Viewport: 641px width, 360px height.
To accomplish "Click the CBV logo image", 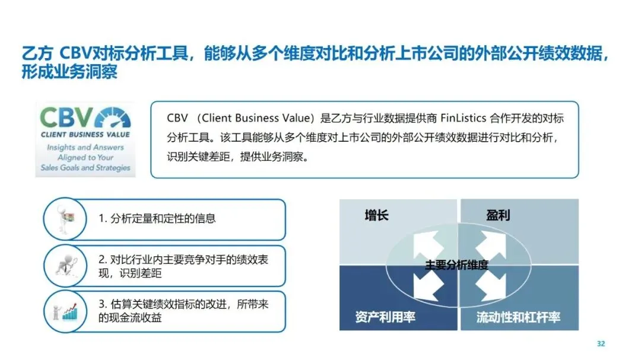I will tap(85, 139).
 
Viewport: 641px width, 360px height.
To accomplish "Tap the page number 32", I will tap(601, 344).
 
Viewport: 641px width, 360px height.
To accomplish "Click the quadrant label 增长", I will tap(376, 215).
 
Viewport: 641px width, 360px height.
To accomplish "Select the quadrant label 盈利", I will tap(497, 215).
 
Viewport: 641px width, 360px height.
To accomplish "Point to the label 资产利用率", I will tap(385, 317).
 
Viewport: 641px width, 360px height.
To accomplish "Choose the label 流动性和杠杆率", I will tap(518, 317).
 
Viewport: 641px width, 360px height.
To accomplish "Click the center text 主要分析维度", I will tap(456, 265).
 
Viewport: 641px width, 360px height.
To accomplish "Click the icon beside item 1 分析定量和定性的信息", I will tap(65, 219).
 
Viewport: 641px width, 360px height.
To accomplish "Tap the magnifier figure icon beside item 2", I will tap(65, 266).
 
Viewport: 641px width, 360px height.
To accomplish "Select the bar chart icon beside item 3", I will tap(66, 311).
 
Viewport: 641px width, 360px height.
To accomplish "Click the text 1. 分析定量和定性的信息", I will tap(157, 219).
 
